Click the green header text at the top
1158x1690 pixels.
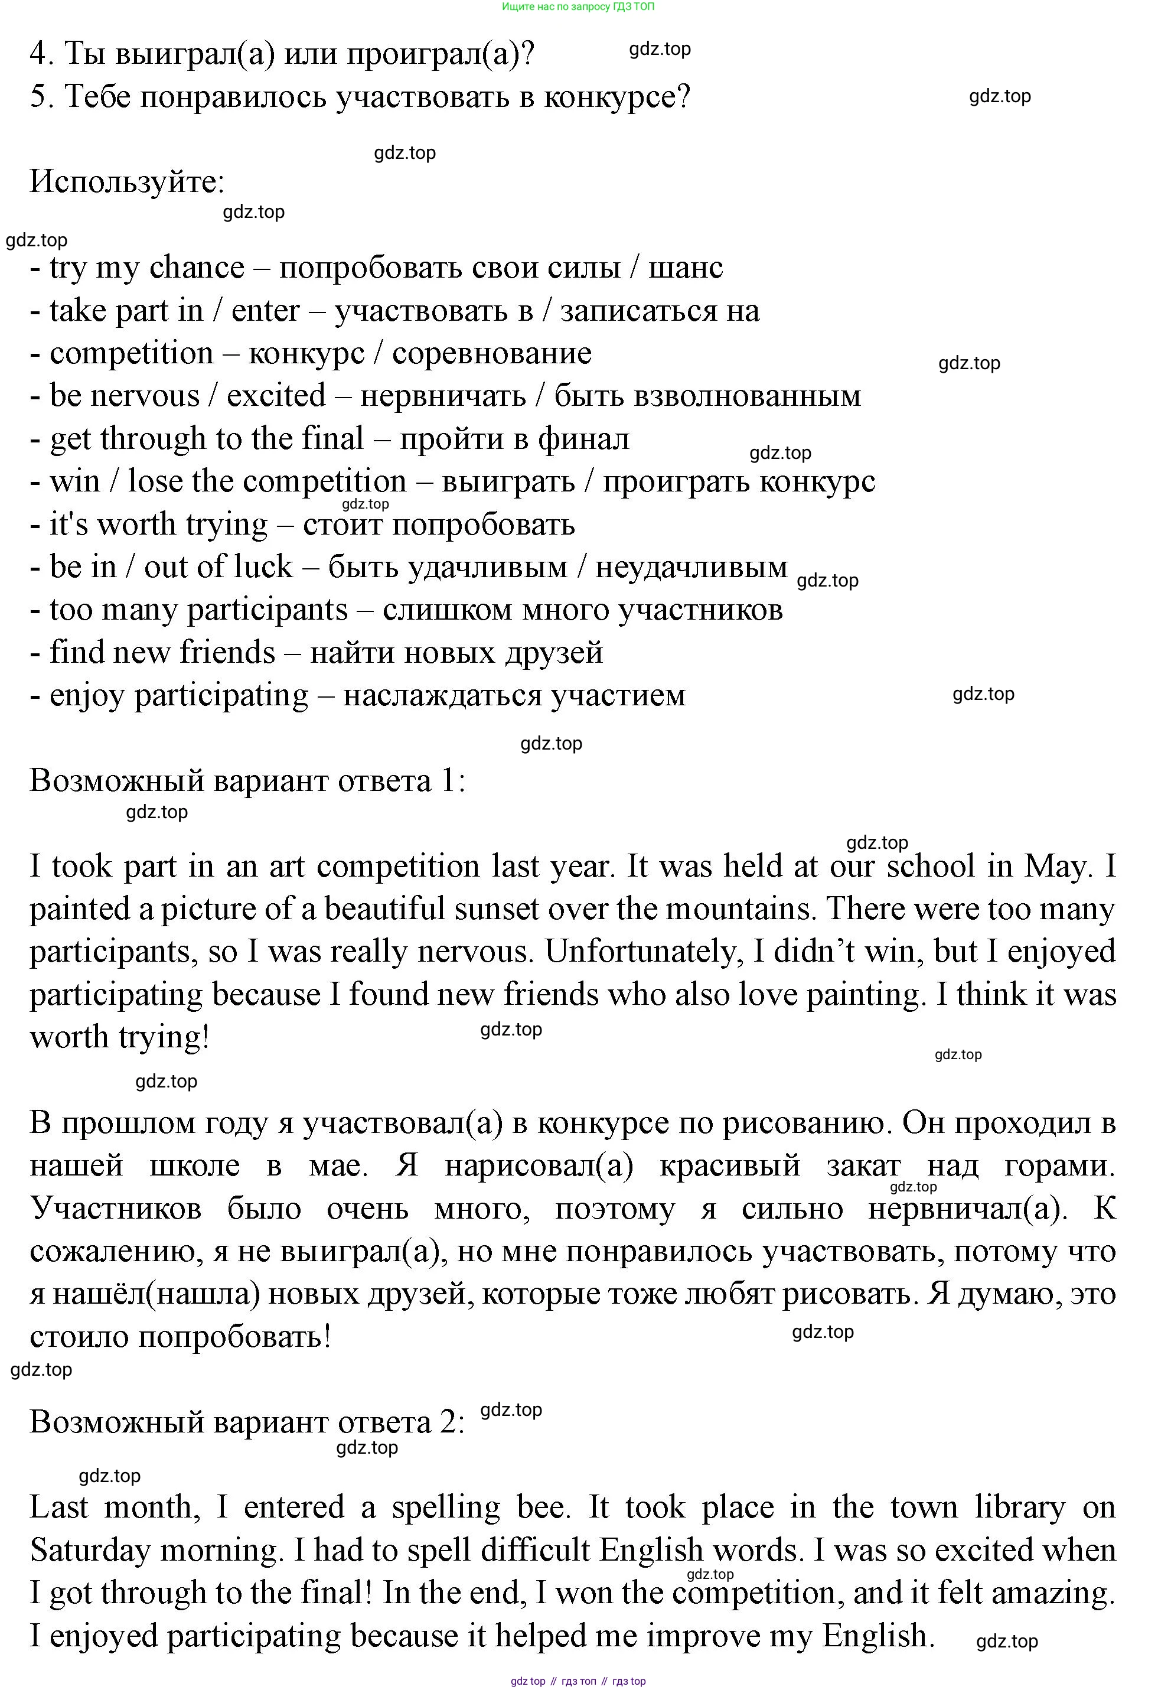[578, 6]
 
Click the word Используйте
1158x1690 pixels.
[126, 182]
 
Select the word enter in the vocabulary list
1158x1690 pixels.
[265, 311]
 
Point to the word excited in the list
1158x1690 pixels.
[276, 396]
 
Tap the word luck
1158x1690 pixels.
[257, 567]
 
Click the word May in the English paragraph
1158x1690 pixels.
[1057, 867]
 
